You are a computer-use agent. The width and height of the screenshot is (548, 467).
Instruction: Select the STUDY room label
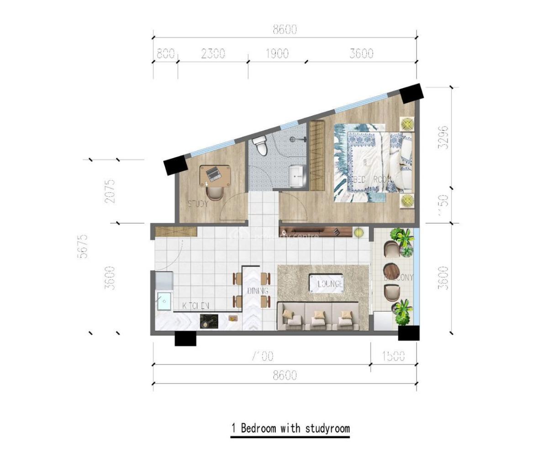point(198,204)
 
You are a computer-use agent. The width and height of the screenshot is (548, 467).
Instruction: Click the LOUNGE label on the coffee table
point(326,284)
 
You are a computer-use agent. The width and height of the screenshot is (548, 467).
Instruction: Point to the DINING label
point(258,291)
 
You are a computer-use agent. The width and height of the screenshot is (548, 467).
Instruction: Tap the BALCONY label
point(398,277)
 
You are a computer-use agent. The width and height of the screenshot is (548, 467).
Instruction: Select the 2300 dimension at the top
point(213,53)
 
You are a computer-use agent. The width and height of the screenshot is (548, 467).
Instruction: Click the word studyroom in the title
point(327,429)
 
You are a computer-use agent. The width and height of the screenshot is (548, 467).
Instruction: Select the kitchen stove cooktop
point(210,322)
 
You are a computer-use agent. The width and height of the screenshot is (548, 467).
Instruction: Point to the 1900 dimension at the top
point(277,53)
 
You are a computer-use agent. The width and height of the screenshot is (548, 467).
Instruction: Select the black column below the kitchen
point(185,338)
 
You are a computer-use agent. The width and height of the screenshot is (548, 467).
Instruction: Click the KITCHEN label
point(195,305)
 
